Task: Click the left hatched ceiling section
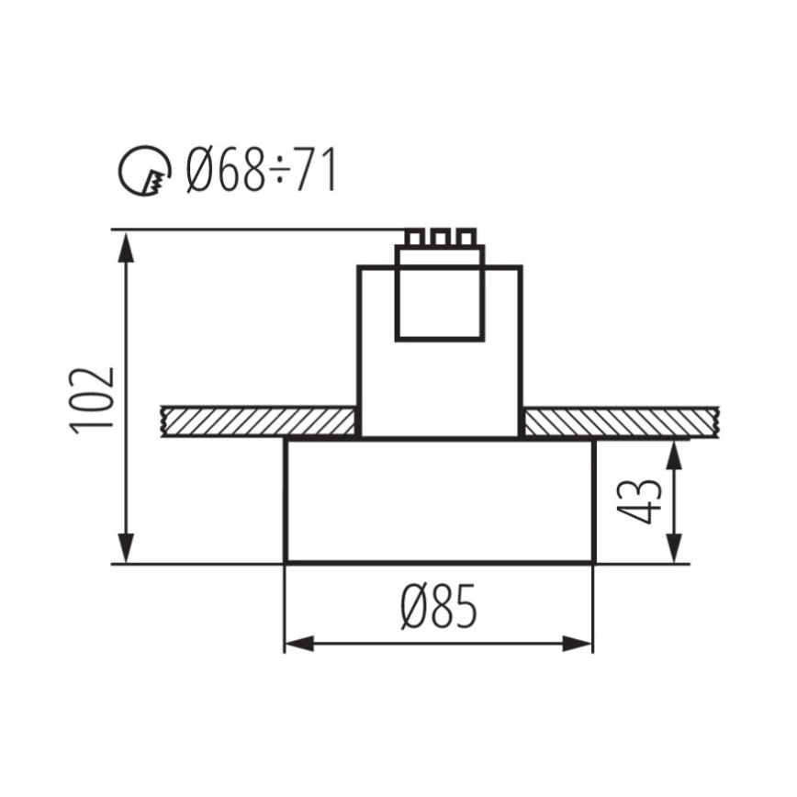pos(258,422)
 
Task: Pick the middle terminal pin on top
pos(441,238)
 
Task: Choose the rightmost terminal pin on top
pos(466,238)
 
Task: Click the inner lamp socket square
pos(439,294)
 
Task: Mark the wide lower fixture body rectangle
pos(439,500)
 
